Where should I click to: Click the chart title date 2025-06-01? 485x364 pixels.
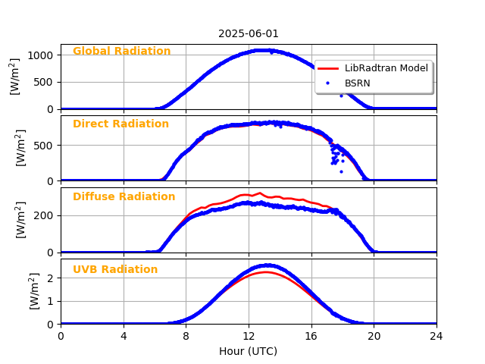pyautogui.click(x=249, y=33)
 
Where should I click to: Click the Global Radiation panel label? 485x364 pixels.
pyautogui.click(x=121, y=52)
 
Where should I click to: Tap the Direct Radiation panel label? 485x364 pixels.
pyautogui.click(x=120, y=124)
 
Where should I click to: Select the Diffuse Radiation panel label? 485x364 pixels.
pyautogui.click(x=124, y=197)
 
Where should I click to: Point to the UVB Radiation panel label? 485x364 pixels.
pyautogui.click(x=115, y=270)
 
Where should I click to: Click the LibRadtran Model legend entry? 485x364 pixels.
pyautogui.click(x=386, y=68)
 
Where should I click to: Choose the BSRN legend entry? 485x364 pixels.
pyautogui.click(x=358, y=83)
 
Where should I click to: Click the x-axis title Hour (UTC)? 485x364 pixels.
pyautogui.click(x=249, y=351)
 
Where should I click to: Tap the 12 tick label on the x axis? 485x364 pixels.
pyautogui.click(x=249, y=336)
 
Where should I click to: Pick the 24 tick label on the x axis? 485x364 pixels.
pyautogui.click(x=436, y=336)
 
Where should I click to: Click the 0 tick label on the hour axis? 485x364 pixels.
pyautogui.click(x=61, y=336)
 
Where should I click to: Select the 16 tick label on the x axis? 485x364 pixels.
pyautogui.click(x=311, y=336)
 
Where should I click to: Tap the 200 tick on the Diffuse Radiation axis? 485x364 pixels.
pyautogui.click(x=45, y=215)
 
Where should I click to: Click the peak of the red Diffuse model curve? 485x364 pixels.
pyautogui.click(x=259, y=193)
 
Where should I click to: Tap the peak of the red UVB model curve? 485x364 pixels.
pyautogui.click(x=264, y=271)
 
